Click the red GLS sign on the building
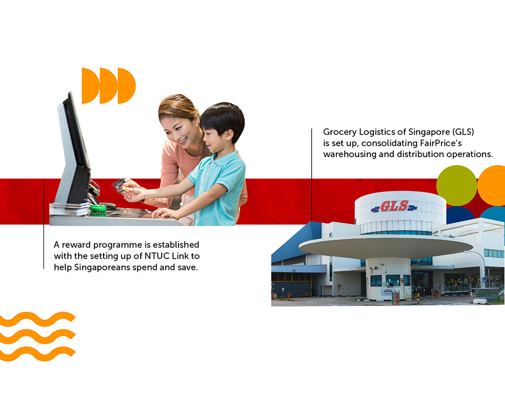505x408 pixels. (394, 206)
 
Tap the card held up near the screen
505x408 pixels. (119, 186)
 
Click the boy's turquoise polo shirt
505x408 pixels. (216, 188)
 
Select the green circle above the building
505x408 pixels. (457, 186)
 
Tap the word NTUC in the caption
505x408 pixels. (157, 256)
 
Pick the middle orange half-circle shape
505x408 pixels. (109, 86)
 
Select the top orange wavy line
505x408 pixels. (38, 319)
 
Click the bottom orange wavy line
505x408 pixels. (38, 354)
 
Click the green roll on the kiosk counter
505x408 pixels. (98, 208)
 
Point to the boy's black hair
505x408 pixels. (222, 120)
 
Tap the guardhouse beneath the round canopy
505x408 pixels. (388, 279)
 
